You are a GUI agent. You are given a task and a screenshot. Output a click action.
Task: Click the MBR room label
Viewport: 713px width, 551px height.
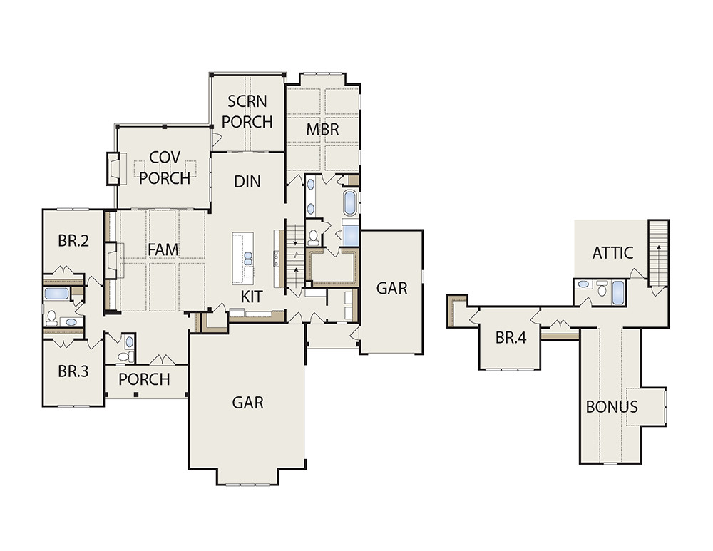click(x=322, y=130)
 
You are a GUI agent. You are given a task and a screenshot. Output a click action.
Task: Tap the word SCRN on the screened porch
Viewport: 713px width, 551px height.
click(x=247, y=101)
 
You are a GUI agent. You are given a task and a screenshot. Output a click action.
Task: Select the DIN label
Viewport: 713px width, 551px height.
click(x=247, y=182)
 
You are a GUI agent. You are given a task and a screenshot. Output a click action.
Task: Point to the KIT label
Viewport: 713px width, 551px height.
click(x=251, y=297)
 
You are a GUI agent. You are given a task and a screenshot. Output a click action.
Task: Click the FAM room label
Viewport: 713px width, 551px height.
click(x=163, y=249)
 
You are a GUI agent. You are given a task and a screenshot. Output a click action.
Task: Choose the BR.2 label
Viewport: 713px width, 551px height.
click(x=73, y=240)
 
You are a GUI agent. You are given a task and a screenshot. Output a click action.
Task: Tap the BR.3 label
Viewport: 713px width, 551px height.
click(x=73, y=371)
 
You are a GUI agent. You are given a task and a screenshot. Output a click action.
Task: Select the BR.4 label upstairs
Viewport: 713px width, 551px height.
click(x=511, y=338)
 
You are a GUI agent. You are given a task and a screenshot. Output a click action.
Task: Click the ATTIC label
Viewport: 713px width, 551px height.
click(x=612, y=253)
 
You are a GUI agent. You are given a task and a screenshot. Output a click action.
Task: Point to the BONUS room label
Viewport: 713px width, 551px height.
click(x=612, y=407)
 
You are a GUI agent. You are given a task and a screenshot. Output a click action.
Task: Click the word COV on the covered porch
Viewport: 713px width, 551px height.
click(x=165, y=158)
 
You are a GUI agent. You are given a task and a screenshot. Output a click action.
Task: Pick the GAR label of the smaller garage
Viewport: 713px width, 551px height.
click(x=392, y=288)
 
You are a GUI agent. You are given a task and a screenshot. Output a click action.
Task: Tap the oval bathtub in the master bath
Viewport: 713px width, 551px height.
click(x=350, y=202)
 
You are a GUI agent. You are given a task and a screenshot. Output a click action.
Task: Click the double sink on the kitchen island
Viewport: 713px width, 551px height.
click(x=248, y=259)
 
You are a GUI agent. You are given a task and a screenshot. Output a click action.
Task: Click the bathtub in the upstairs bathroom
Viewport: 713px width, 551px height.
click(x=617, y=292)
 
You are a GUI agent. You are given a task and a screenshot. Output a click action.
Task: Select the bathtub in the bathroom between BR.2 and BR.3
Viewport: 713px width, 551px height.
click(x=56, y=293)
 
